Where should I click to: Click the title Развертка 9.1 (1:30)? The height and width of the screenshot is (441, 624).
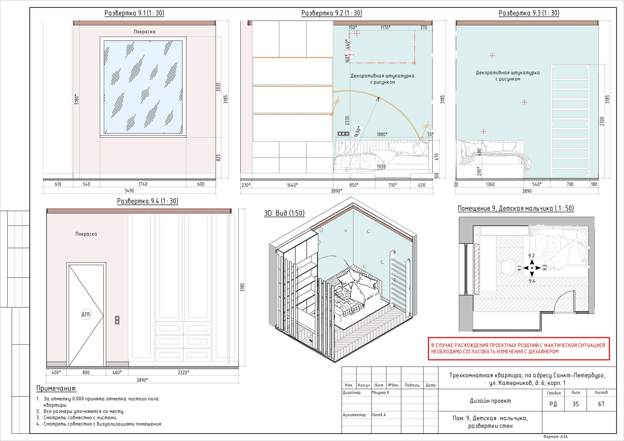pos(134,13)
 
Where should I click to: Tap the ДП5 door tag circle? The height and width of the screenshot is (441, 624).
pos(86,314)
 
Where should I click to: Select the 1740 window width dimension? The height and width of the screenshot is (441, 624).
pos(143,184)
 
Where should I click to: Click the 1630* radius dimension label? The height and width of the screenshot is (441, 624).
pos(358,131)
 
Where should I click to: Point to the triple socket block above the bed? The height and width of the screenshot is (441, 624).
pos(343,134)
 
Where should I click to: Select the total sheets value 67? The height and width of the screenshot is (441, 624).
pos(601,404)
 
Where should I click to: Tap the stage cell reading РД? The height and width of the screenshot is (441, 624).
pos(553,404)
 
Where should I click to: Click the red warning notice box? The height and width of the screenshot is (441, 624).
pos(519,349)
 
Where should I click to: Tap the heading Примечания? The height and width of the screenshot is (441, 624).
pos(57,389)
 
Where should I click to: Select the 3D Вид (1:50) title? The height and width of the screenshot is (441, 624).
pos(284,213)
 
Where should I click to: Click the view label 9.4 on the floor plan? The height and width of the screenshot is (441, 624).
pos(532,281)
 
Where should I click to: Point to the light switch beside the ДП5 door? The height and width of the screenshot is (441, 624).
pos(117,320)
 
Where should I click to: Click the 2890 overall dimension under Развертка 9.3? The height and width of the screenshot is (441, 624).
pos(527,191)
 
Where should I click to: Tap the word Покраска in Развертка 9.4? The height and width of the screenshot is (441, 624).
pos(86,234)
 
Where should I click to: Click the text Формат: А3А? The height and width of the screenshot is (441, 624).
pos(556,437)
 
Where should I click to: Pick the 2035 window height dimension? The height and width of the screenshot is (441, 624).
pos(218,87)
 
